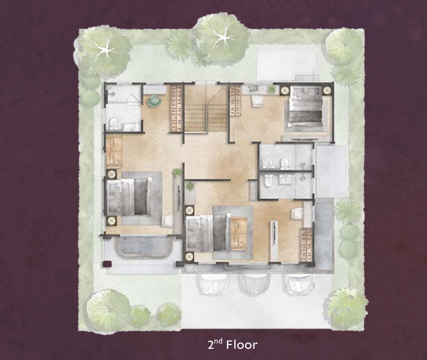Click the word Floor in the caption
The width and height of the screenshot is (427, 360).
242,345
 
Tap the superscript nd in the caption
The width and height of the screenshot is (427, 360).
219,341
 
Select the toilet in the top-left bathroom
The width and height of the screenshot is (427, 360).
113,123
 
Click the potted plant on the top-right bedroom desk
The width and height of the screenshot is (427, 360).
271,89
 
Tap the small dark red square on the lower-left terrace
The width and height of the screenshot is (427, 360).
106,264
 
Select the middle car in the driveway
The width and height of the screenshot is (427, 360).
255,284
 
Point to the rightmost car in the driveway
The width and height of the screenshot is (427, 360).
299,284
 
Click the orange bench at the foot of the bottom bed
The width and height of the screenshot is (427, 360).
239,233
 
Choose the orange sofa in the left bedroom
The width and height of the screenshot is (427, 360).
114,151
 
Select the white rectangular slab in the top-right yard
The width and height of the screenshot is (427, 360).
288,65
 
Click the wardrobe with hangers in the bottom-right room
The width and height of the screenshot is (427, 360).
306,245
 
